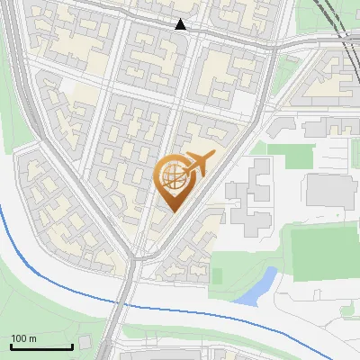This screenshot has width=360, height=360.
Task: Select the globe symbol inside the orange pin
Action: tap(172, 177)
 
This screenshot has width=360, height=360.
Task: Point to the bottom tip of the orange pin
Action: tap(171, 211)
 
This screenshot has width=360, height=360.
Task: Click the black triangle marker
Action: tap(181, 24)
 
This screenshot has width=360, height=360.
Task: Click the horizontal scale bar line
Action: tap(40, 346)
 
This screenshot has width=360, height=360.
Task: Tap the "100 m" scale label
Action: tap(24, 338)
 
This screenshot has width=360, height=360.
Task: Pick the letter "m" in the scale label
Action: tap(32, 338)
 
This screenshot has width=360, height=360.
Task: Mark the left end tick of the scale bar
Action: tap(10, 345)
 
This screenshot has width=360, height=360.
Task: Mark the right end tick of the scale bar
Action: tap(71, 345)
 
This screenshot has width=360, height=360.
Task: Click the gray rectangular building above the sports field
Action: tap(331, 191)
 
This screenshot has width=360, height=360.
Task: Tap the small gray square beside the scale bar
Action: tap(84, 342)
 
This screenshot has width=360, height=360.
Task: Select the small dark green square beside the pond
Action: tap(216, 275)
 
